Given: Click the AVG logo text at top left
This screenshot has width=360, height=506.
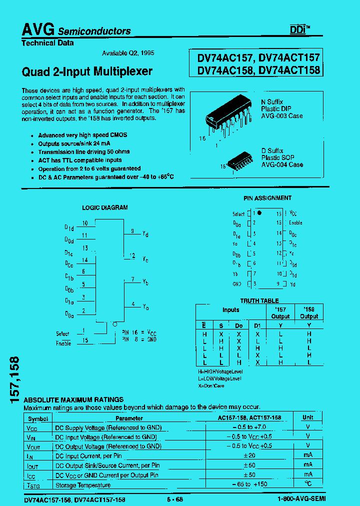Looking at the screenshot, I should (38, 30).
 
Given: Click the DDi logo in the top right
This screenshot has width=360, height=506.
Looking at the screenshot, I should (299, 30).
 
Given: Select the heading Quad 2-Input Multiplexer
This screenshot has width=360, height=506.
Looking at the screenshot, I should (87, 71).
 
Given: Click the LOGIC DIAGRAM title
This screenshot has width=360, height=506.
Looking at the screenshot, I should (104, 207).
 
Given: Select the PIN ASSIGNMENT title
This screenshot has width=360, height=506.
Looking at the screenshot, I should (267, 198).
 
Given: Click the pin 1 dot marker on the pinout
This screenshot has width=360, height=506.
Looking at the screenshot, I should (259, 212).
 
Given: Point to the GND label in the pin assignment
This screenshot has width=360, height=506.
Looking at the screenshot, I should (237, 284).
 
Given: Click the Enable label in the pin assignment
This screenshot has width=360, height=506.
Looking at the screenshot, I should (295, 223).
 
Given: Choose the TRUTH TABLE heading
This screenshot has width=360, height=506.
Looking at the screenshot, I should (259, 301).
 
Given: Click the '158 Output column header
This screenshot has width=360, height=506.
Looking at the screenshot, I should (309, 313).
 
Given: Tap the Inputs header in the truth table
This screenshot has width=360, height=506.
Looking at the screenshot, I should (230, 310).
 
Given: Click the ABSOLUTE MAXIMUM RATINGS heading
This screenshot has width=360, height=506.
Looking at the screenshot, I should (73, 400).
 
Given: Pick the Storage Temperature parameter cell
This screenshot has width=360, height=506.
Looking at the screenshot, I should (82, 485).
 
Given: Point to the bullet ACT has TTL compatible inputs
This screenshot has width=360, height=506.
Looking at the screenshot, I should (80, 160).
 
